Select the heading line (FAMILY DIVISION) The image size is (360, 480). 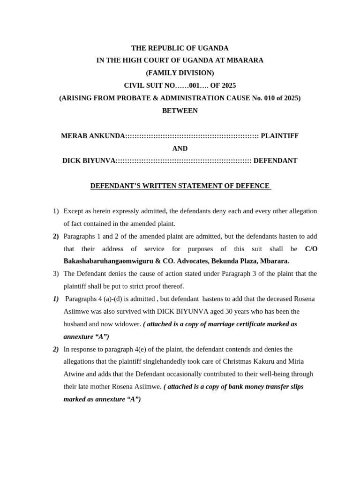tap(180, 73)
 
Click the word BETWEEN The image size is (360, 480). tap(180, 111)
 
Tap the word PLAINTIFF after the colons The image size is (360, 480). tap(279, 136)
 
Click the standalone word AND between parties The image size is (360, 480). tap(180, 149)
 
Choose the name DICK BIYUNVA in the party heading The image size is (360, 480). tap(89, 161)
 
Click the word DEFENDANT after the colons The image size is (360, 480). tap(275, 161)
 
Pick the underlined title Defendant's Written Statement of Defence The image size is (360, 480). tap(180, 186)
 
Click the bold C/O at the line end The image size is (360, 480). tap(311, 249)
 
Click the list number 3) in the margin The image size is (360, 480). tap(56, 274)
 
